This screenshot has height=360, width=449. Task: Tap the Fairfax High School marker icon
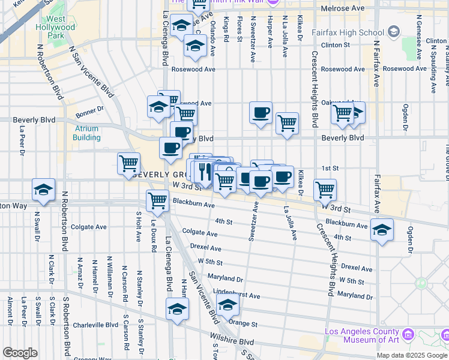[394, 31]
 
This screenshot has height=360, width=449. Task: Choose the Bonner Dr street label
[90, 110]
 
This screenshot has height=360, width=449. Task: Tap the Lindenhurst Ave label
[237, 295]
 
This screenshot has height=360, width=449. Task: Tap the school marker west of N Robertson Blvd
[44, 189]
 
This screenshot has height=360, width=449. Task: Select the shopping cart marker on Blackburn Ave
[157, 200]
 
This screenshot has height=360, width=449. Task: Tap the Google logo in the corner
[20, 352]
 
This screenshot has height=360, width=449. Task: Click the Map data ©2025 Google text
[412, 355]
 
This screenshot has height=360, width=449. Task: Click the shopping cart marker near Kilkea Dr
[325, 190]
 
